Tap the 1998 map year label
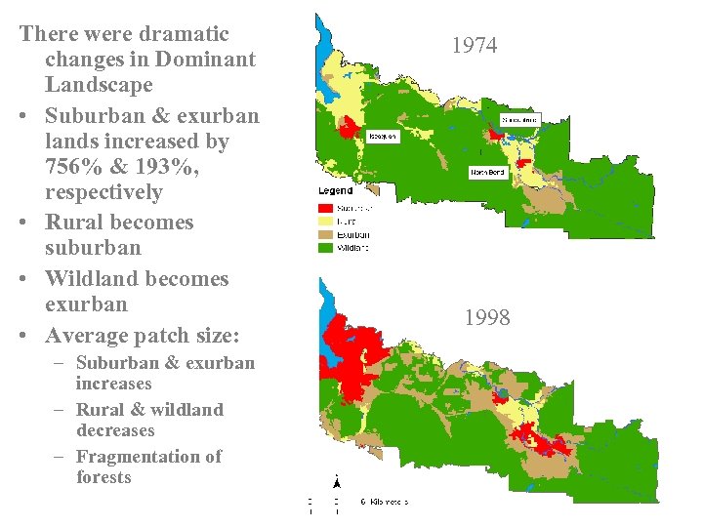tap(486, 318)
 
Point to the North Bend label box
tap(487, 173)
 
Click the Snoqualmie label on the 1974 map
tap(519, 120)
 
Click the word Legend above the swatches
tap(336, 191)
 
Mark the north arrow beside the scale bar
tap(337, 483)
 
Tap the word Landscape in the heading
tap(99, 85)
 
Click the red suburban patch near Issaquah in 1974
tap(348, 128)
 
